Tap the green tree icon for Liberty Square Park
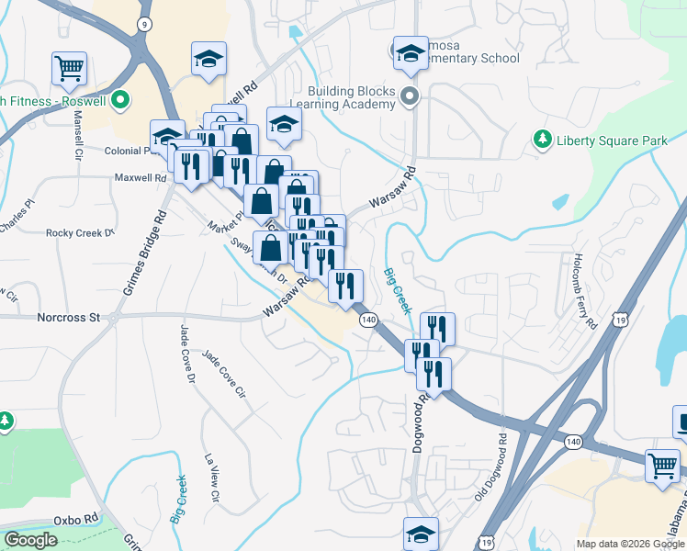543,141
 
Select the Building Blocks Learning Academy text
352,97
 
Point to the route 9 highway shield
143,23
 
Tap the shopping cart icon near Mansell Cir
69,67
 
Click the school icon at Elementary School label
411,54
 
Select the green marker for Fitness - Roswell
120,101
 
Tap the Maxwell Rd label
135,177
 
